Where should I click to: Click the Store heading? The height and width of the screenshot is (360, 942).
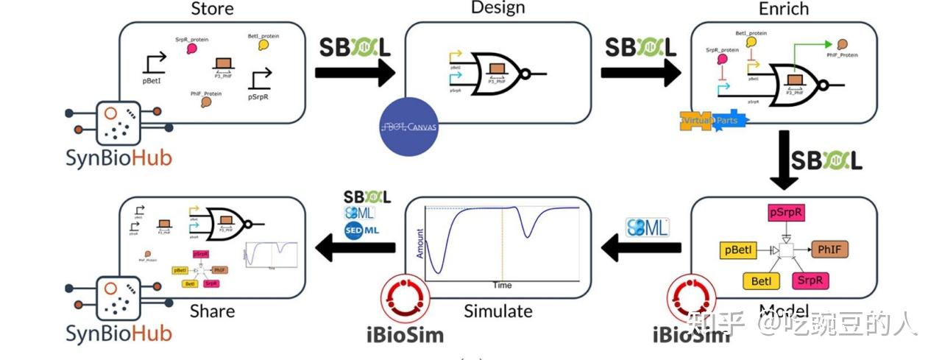click(x=212, y=9)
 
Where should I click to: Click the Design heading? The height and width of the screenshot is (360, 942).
click(x=498, y=8)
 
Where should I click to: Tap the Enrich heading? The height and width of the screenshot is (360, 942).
click(x=783, y=9)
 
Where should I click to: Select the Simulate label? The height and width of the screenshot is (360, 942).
click(x=497, y=311)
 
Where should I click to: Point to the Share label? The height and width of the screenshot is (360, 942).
click(x=212, y=311)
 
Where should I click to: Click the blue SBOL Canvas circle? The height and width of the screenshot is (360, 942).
click(x=409, y=126)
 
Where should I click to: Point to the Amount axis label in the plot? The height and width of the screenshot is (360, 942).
click(x=420, y=244)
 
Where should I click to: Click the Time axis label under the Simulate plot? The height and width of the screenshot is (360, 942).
click(x=502, y=285)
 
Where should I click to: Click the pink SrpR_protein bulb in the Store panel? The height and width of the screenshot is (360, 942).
click(x=191, y=49)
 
